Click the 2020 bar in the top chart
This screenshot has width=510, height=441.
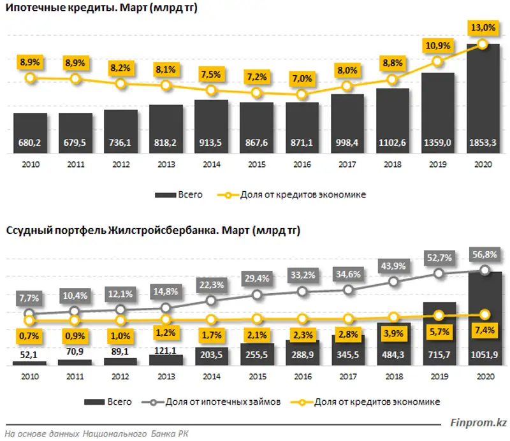point(483,96)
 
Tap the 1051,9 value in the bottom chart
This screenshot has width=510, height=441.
point(483,355)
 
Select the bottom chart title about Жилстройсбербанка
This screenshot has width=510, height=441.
point(153,231)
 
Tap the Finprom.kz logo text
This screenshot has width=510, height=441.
point(477,422)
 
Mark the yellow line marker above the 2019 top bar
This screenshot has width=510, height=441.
point(437,61)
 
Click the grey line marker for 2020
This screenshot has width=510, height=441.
point(484,270)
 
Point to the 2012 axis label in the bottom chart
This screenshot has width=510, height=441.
point(120,377)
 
